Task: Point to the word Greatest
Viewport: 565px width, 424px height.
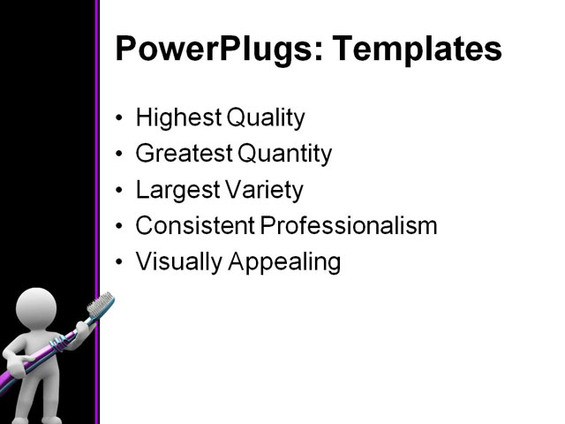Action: click(x=183, y=154)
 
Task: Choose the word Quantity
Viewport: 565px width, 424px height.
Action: click(x=284, y=155)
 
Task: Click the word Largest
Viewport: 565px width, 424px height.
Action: click(x=174, y=190)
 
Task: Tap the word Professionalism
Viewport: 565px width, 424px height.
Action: click(x=349, y=226)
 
